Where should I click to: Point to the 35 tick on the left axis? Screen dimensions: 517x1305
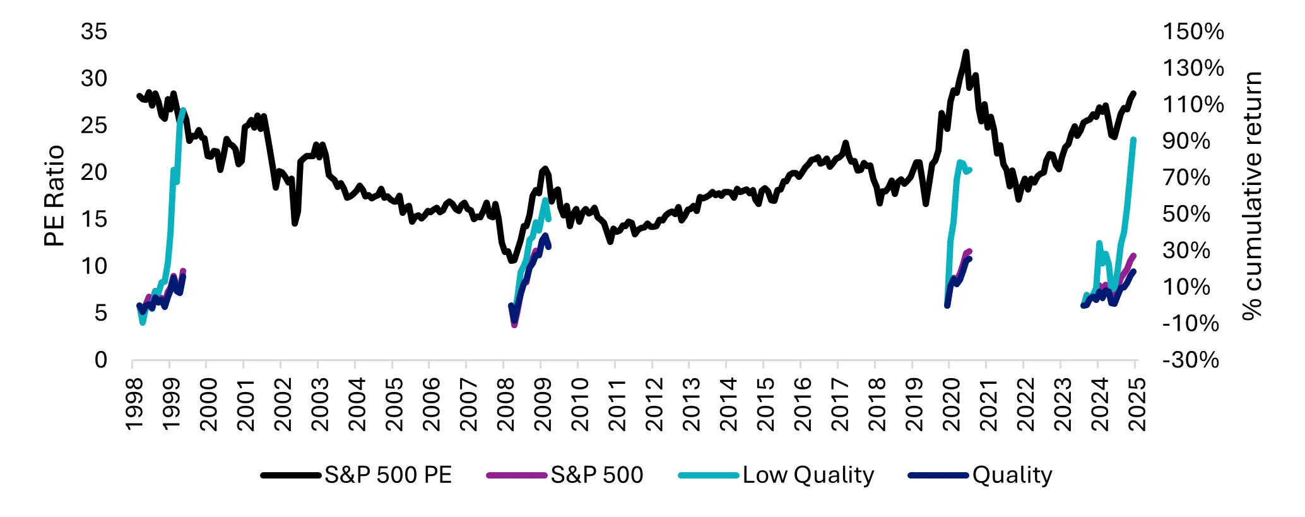click(x=94, y=32)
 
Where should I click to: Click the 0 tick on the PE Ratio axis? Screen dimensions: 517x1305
click(x=101, y=360)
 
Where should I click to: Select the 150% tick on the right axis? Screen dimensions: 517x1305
click(x=1193, y=32)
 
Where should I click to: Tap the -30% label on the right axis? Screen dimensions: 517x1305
click(x=1190, y=360)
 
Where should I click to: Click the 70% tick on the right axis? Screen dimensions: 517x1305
click(x=1186, y=177)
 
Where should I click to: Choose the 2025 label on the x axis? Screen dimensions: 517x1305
click(x=1137, y=404)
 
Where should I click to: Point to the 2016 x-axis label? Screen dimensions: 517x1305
click(x=802, y=404)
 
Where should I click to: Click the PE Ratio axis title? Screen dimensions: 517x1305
click(x=55, y=196)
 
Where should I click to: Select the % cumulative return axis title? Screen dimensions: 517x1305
click(x=1252, y=196)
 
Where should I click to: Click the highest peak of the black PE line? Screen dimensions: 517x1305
click(x=966, y=52)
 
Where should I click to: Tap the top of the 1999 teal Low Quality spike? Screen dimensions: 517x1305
click(x=183, y=110)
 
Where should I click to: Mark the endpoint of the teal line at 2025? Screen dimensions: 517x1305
click(x=1134, y=140)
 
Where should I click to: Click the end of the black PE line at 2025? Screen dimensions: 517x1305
click(x=1134, y=93)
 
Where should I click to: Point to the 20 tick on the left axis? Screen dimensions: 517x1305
click(x=94, y=172)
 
